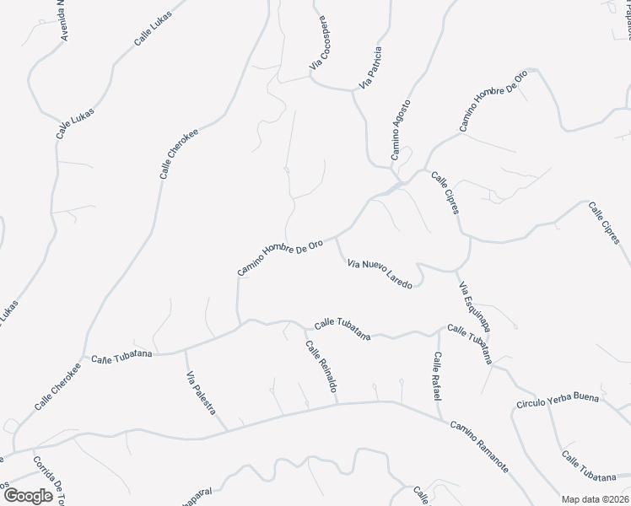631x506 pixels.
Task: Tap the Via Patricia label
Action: pos(371,67)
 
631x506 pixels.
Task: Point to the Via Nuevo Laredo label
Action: pos(380,274)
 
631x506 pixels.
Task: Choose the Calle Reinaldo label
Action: pos(321,367)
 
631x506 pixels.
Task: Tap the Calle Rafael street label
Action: pos(437,376)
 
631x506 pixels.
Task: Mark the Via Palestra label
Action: pos(201,393)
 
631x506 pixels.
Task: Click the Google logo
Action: pos(28,495)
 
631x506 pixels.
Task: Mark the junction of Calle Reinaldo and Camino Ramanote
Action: pos(338,403)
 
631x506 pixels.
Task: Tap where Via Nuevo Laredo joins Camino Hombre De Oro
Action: pos(337,238)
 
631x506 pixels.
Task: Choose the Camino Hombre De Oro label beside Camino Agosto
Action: pos(493,100)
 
